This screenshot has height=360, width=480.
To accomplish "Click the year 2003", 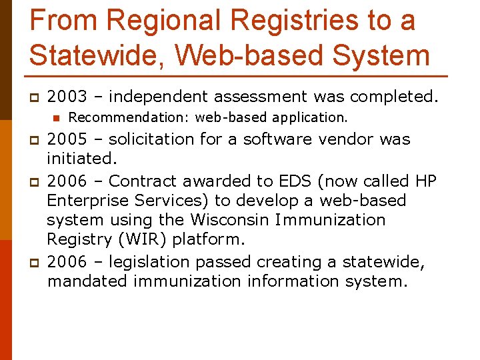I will click(x=67, y=97).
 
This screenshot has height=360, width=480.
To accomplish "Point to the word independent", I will click(x=154, y=97).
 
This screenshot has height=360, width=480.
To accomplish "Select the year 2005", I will click(x=67, y=139).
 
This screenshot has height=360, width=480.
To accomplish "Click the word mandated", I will click(x=87, y=281).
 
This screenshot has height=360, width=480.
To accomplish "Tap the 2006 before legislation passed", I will click(x=67, y=262).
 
